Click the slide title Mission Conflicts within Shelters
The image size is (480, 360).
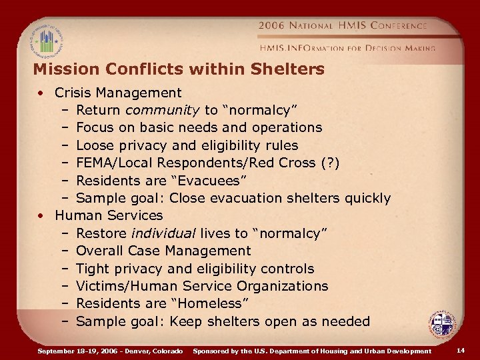point(178,69)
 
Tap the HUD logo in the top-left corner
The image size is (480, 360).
point(45,40)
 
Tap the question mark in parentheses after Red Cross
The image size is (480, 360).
point(329,163)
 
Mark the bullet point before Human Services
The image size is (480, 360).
point(41,216)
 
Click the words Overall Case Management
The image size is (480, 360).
point(163,251)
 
